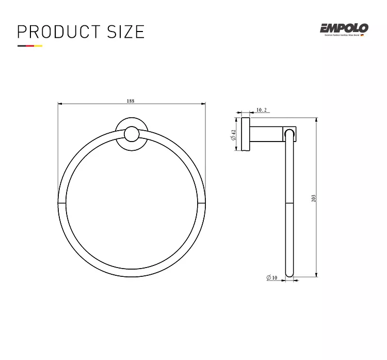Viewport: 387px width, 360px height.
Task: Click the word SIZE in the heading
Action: (125, 32)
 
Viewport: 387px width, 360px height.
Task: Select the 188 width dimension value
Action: (131, 101)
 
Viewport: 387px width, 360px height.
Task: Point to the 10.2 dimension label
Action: (262, 110)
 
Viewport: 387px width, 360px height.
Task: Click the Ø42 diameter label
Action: (234, 135)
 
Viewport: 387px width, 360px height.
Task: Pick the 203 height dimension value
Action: (313, 198)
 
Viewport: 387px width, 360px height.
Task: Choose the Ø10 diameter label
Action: (272, 278)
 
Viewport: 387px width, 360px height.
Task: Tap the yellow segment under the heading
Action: (38, 46)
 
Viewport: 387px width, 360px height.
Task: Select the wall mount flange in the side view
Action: (245, 135)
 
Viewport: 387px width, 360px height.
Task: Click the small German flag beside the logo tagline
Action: (362, 35)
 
